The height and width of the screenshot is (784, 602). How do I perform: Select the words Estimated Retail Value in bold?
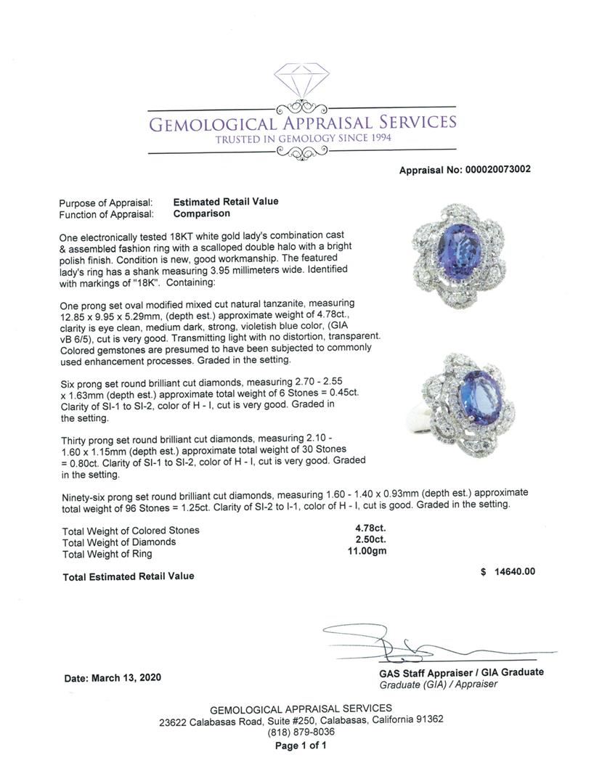(x=226, y=202)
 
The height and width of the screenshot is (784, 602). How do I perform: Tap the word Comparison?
(x=202, y=213)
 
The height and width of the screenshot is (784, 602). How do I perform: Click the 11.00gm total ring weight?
(x=367, y=553)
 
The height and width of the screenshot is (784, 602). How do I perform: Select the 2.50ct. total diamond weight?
(x=370, y=541)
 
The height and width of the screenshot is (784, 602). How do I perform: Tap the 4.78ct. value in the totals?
(x=370, y=529)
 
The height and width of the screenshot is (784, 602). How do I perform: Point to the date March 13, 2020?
(x=113, y=678)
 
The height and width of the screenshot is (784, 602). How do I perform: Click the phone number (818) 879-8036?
(x=301, y=732)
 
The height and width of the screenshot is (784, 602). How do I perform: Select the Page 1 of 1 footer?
(x=301, y=745)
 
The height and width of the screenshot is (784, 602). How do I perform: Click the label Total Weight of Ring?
(x=107, y=554)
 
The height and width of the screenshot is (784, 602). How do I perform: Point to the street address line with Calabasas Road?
(x=301, y=720)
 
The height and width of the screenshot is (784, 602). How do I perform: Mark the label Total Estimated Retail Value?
(x=129, y=576)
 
